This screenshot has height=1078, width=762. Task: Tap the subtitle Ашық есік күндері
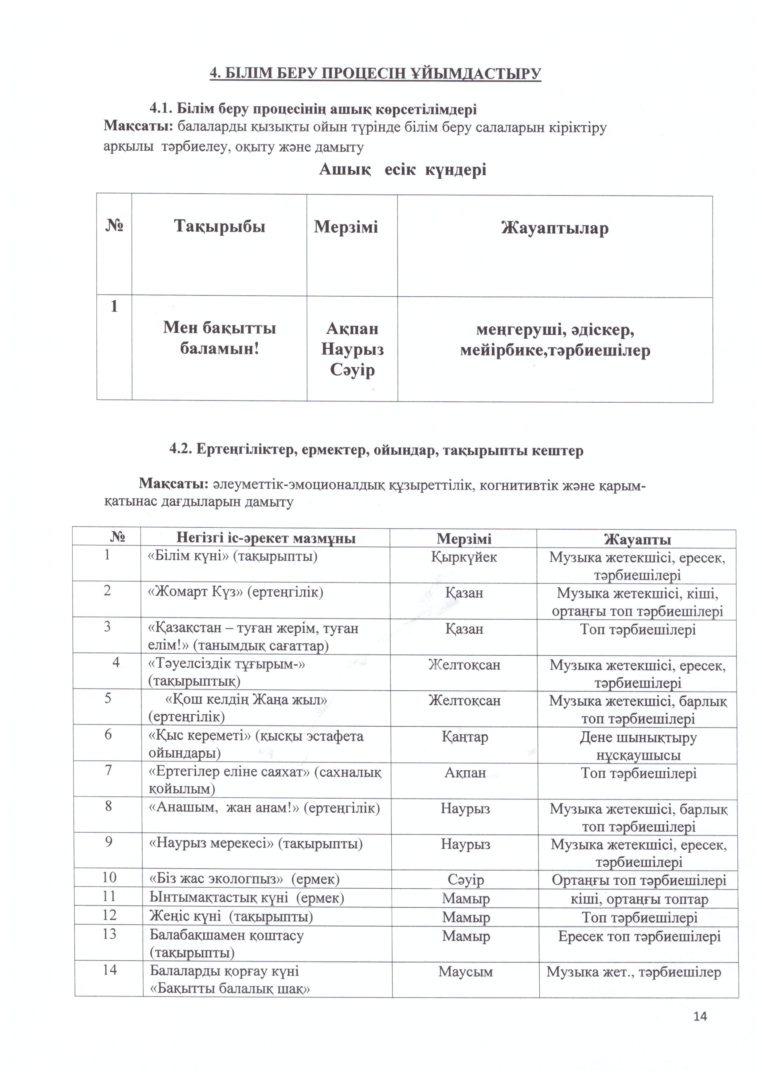click(403, 169)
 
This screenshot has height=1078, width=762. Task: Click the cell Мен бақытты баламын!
click(220, 338)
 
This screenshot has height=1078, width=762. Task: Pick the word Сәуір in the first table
click(352, 370)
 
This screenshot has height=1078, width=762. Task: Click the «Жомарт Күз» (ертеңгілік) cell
click(236, 592)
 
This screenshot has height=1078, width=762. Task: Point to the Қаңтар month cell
click(464, 737)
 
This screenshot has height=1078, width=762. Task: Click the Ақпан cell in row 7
click(465, 773)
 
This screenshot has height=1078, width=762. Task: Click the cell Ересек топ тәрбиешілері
click(639, 936)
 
